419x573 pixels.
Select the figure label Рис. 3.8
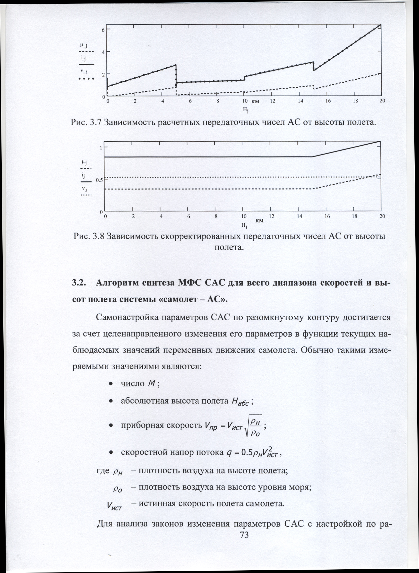pos(88,236)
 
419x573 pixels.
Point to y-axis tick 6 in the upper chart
pos(103,30)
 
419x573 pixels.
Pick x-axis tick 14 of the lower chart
pos(299,217)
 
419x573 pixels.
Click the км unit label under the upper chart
pos(255,102)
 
